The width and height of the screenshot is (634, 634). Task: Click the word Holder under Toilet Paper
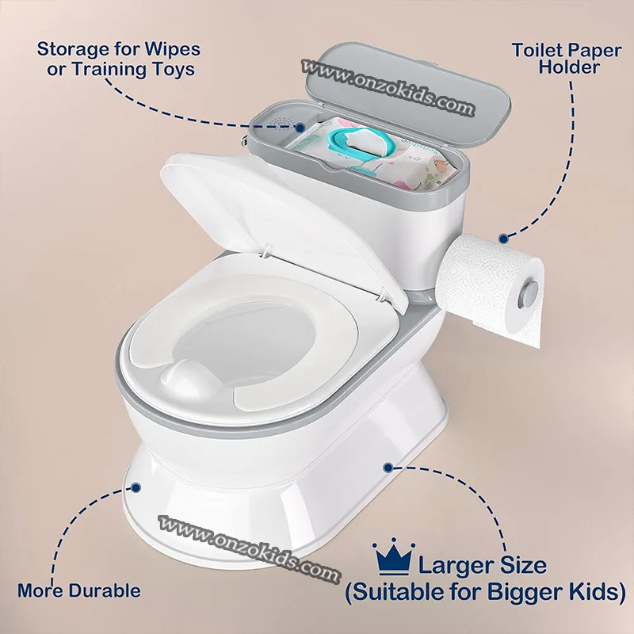coord(568,67)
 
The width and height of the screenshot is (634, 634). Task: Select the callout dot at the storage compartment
coord(300,128)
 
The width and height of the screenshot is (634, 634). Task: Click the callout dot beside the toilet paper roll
coord(503,239)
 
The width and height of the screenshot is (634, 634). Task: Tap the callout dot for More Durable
coord(136,487)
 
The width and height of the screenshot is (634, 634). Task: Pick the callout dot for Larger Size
coord(388,468)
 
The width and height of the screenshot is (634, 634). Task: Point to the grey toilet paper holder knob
coord(528,293)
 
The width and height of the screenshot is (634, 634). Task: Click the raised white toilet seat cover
coord(282,227)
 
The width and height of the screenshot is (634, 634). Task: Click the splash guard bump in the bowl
coord(187,378)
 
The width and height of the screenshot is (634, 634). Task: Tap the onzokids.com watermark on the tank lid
coord(388,87)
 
